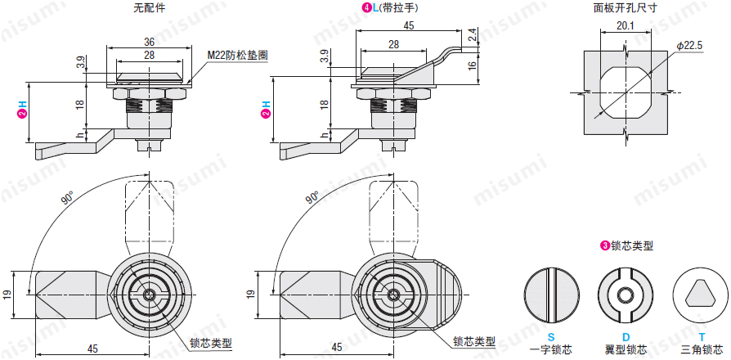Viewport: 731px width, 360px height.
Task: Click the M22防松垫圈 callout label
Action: [237, 55]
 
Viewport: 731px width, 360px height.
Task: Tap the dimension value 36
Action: [150, 42]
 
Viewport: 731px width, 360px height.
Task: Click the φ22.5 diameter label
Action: [689, 47]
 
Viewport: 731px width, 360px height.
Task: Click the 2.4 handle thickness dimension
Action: [473, 36]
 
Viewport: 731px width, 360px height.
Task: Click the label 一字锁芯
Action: [550, 349]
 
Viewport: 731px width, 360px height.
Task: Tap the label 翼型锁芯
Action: [626, 349]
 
